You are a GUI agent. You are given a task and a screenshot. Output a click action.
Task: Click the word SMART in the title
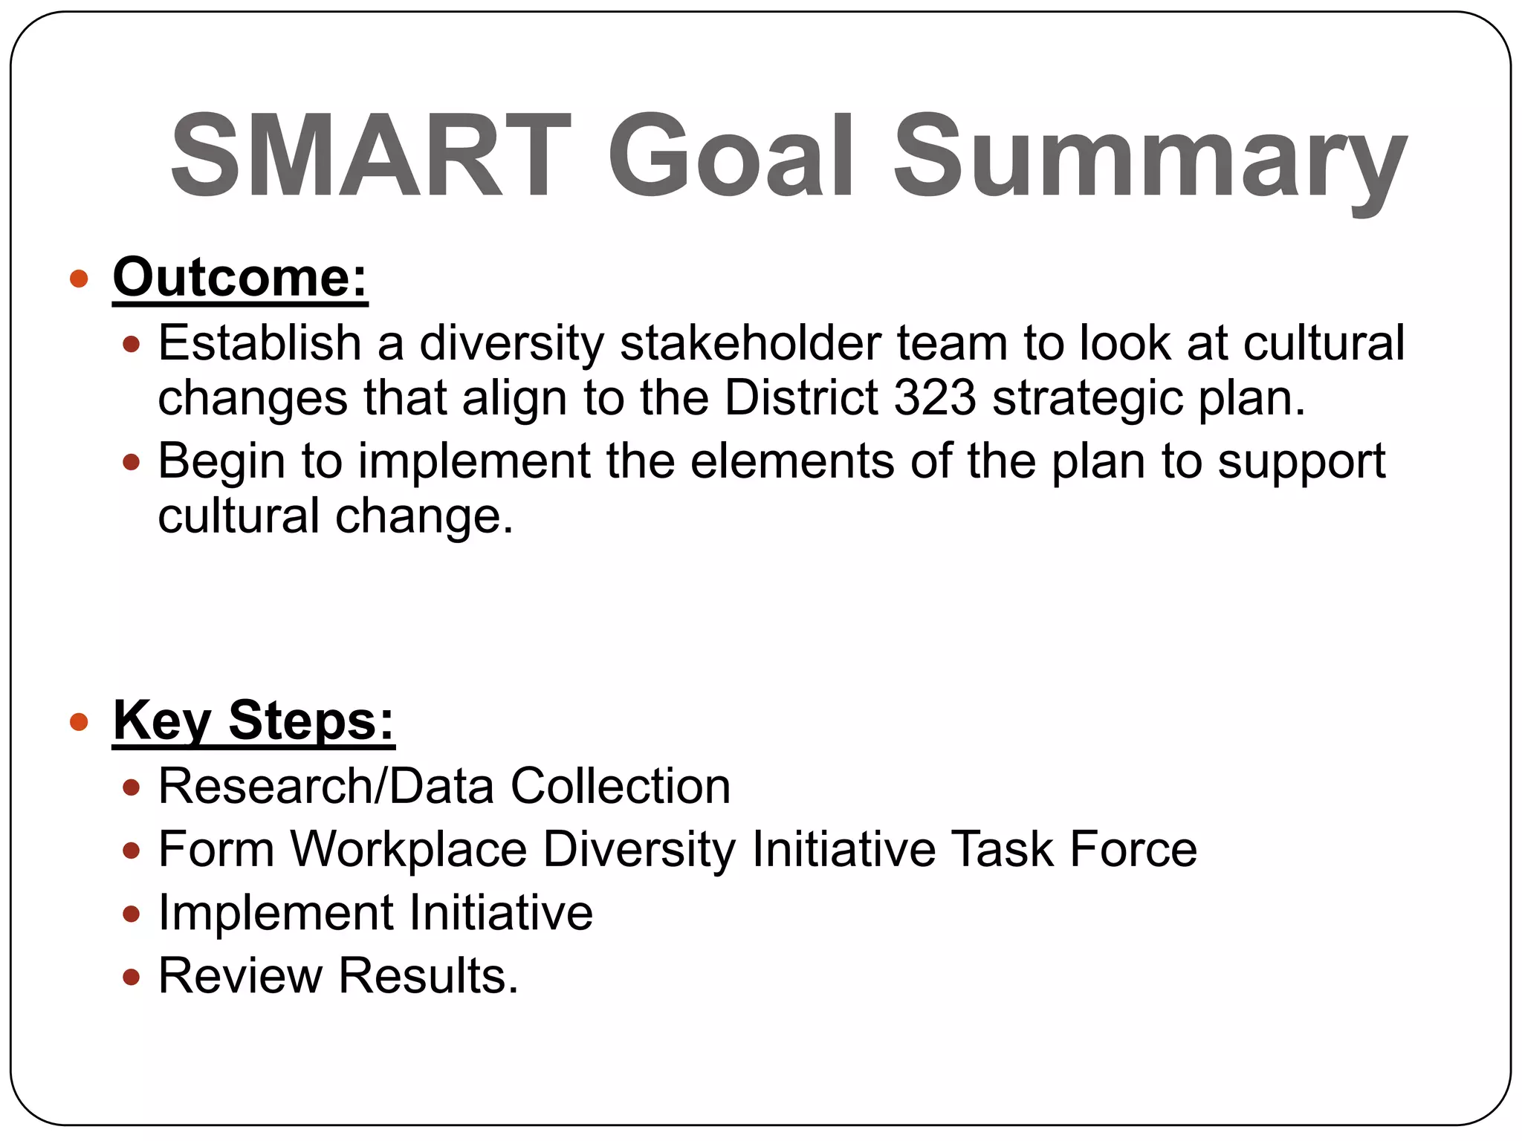[x=370, y=156]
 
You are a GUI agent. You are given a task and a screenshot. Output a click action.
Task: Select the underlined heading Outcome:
[x=240, y=278]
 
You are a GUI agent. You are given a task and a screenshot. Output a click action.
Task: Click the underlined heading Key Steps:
[x=253, y=721]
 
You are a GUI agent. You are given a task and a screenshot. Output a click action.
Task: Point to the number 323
[x=934, y=397]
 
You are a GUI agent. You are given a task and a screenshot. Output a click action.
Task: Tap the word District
[x=801, y=397]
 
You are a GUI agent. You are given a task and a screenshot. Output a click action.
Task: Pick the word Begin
[x=221, y=462]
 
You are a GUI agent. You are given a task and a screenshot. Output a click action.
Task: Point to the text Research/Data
[x=326, y=786]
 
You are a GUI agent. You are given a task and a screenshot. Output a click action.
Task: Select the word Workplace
[x=408, y=849]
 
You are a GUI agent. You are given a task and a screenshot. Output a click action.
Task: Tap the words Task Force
[x=1075, y=849]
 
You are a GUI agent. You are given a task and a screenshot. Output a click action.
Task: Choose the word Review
[x=240, y=975]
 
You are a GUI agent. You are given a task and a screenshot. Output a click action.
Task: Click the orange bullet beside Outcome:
[x=79, y=279]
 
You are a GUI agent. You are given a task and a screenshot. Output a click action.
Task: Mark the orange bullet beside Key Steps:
[x=79, y=722]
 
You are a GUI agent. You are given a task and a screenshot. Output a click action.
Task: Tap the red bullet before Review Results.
[x=132, y=977]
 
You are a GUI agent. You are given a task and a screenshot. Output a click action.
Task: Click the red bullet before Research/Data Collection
[x=132, y=787]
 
